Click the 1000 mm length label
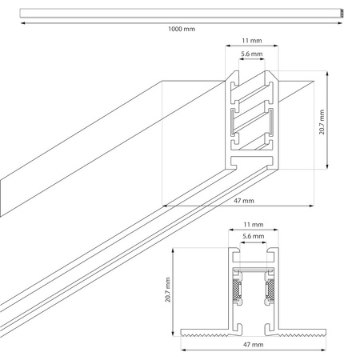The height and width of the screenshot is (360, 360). (181, 30)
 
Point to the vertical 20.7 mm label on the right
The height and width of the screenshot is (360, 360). (321, 121)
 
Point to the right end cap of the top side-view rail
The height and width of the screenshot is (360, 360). (342, 13)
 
